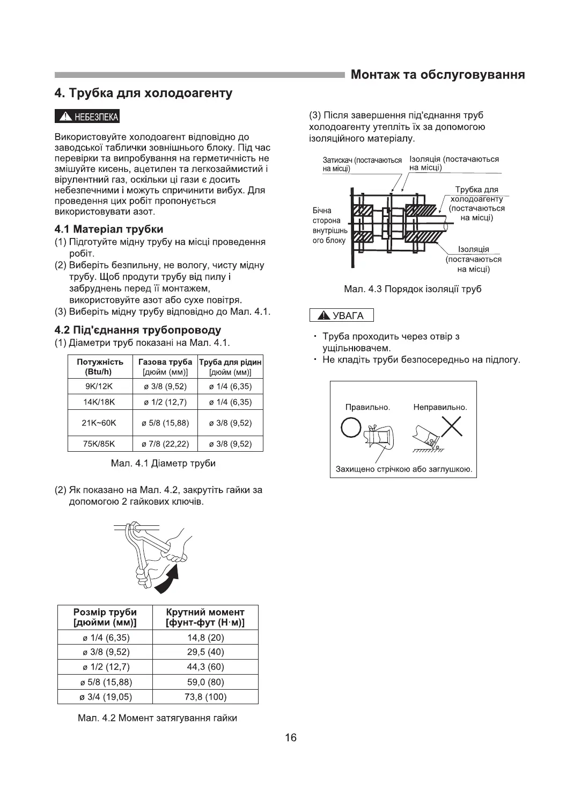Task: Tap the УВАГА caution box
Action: click(341, 315)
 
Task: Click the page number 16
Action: click(290, 737)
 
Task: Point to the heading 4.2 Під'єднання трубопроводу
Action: click(138, 330)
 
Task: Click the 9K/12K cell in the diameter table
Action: click(100, 386)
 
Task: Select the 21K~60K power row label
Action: click(100, 423)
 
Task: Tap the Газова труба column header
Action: click(165, 366)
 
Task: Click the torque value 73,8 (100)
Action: click(205, 697)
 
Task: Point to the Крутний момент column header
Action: click(205, 618)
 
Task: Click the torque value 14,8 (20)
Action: click(205, 638)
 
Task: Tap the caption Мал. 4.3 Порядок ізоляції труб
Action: click(412, 289)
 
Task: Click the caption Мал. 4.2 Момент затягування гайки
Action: click(157, 718)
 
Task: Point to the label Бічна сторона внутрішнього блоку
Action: click(329, 226)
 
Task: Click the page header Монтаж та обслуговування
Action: click(437, 75)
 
